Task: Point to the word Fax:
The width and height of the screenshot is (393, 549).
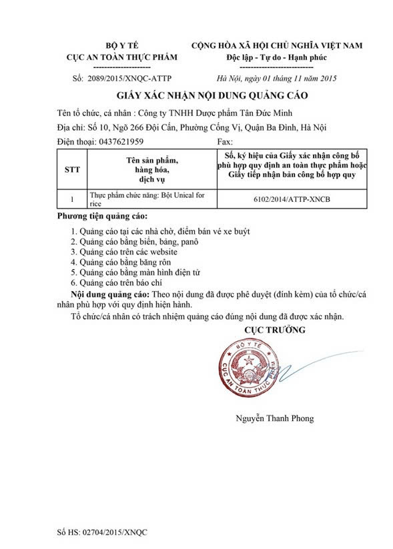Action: coord(226,142)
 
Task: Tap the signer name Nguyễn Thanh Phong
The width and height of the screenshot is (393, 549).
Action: coord(274,418)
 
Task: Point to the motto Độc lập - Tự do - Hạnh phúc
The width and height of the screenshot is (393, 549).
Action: coord(277,57)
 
